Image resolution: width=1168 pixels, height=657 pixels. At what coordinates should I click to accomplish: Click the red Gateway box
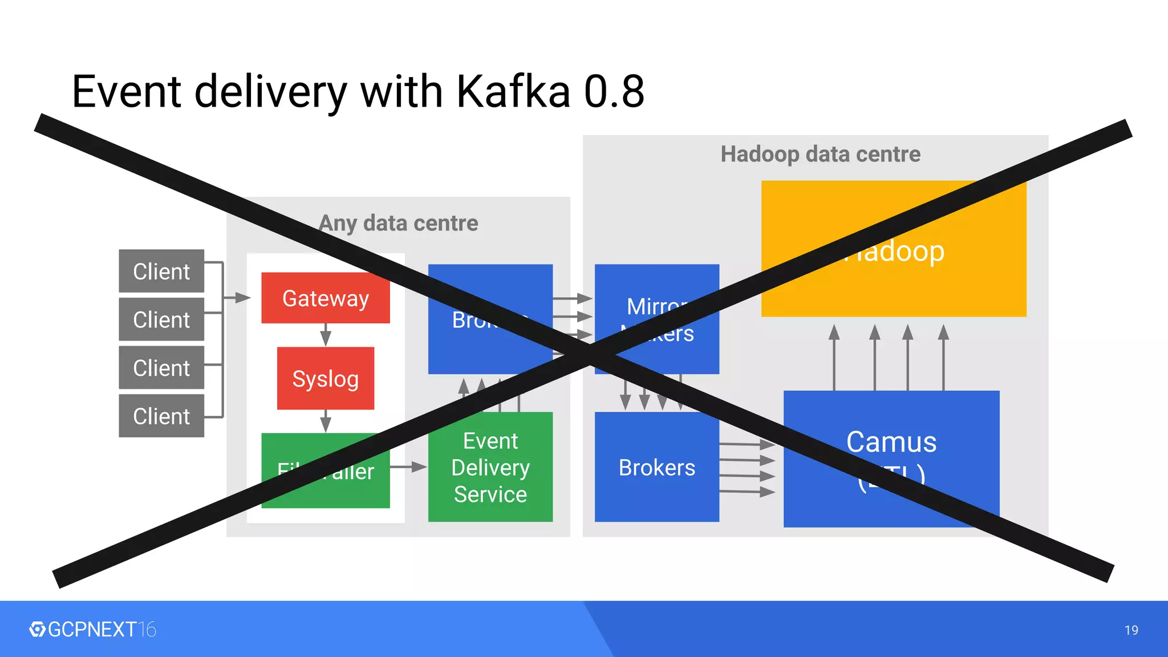pyautogui.click(x=325, y=298)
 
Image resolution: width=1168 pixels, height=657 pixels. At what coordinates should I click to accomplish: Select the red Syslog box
pyautogui.click(x=325, y=378)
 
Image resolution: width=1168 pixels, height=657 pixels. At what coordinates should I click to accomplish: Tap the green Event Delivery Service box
pyautogui.click(x=490, y=467)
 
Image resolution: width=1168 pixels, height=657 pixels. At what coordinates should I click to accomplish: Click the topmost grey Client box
pyautogui.click(x=161, y=271)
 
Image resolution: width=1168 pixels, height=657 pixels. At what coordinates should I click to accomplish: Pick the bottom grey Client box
pyautogui.click(x=161, y=416)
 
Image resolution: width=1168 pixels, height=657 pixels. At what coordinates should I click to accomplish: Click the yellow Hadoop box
pyautogui.click(x=893, y=249)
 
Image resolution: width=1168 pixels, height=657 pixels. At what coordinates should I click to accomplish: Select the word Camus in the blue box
pyautogui.click(x=891, y=441)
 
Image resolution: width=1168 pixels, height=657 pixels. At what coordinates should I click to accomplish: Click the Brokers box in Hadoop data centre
pyautogui.click(x=656, y=467)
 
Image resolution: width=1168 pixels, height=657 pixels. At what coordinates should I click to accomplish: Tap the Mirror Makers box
pyautogui.click(x=656, y=319)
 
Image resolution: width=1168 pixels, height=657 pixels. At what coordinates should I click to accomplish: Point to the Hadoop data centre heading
pyautogui.click(x=820, y=154)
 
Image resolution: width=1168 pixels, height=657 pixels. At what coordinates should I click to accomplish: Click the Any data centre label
pyautogui.click(x=398, y=223)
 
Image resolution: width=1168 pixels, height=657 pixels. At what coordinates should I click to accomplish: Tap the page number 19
pyautogui.click(x=1131, y=630)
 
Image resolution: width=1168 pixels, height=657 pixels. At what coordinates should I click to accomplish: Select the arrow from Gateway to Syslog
pyautogui.click(x=326, y=335)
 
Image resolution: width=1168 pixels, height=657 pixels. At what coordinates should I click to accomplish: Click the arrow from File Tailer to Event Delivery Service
pyautogui.click(x=408, y=467)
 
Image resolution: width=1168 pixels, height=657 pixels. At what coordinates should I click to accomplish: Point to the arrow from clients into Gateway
pyautogui.click(x=237, y=297)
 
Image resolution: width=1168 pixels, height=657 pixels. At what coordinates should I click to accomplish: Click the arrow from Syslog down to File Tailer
pyautogui.click(x=326, y=421)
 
